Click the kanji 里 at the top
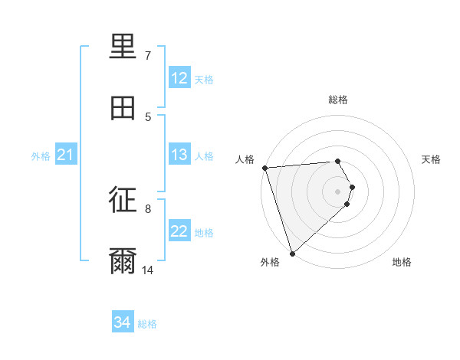[x=123, y=47]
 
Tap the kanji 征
[x=123, y=201]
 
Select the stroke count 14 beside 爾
[x=147, y=270]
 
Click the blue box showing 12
[x=179, y=78]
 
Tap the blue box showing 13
[x=179, y=155]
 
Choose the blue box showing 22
[x=179, y=231]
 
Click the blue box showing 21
[x=66, y=155]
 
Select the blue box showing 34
[x=123, y=322]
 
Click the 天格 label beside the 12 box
[x=204, y=79]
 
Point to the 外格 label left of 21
[x=41, y=155]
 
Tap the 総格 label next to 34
[x=147, y=323]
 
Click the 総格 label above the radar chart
[x=338, y=100]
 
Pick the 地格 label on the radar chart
[x=402, y=263]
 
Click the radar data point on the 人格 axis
[x=264, y=168]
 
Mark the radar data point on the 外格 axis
[x=292, y=253]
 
